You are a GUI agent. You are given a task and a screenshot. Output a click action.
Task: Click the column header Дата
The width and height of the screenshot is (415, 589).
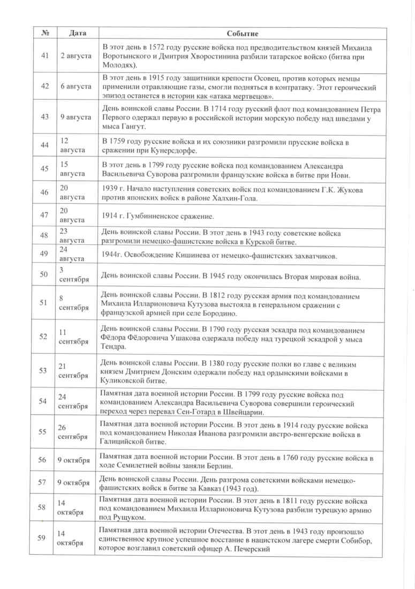pos(77,33)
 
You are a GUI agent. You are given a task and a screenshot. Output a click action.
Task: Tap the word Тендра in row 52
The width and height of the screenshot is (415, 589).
pos(115,347)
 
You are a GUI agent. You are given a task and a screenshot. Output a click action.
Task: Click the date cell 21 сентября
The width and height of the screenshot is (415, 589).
pos(70,371)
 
